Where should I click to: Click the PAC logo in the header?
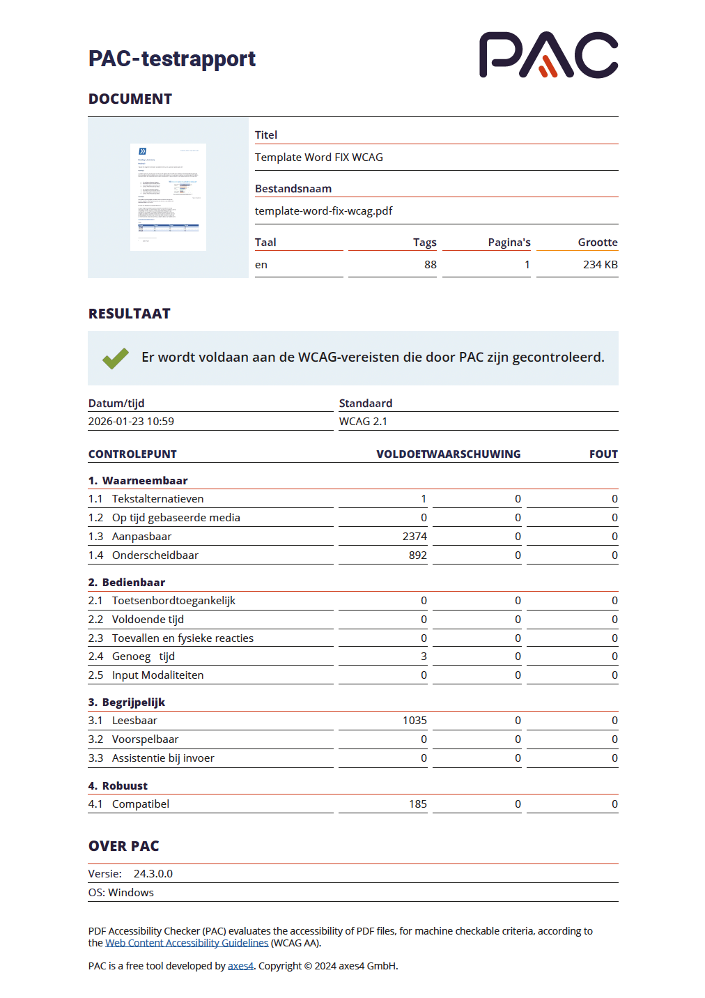[x=548, y=55]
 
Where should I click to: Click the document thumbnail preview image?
[x=168, y=197]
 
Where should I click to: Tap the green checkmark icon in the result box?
[x=116, y=358]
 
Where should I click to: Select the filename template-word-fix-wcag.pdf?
[x=323, y=211]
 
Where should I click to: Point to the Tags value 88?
[x=430, y=265]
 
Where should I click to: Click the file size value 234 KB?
[x=600, y=265]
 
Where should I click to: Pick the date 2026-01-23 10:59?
[x=131, y=422]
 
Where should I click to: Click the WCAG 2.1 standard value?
[x=363, y=422]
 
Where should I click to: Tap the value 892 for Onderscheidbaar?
[x=417, y=555]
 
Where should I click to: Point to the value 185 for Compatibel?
[x=417, y=804]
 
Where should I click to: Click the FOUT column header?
[x=603, y=454]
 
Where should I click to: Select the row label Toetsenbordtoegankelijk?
[x=173, y=601]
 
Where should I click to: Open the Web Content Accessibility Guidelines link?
[x=187, y=943]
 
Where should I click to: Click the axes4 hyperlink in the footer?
[x=240, y=966]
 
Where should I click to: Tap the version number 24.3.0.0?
[x=153, y=874]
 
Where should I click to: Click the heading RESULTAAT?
[x=130, y=314]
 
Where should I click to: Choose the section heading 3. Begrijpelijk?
[x=127, y=703]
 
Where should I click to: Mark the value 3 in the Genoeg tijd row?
[x=424, y=657]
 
